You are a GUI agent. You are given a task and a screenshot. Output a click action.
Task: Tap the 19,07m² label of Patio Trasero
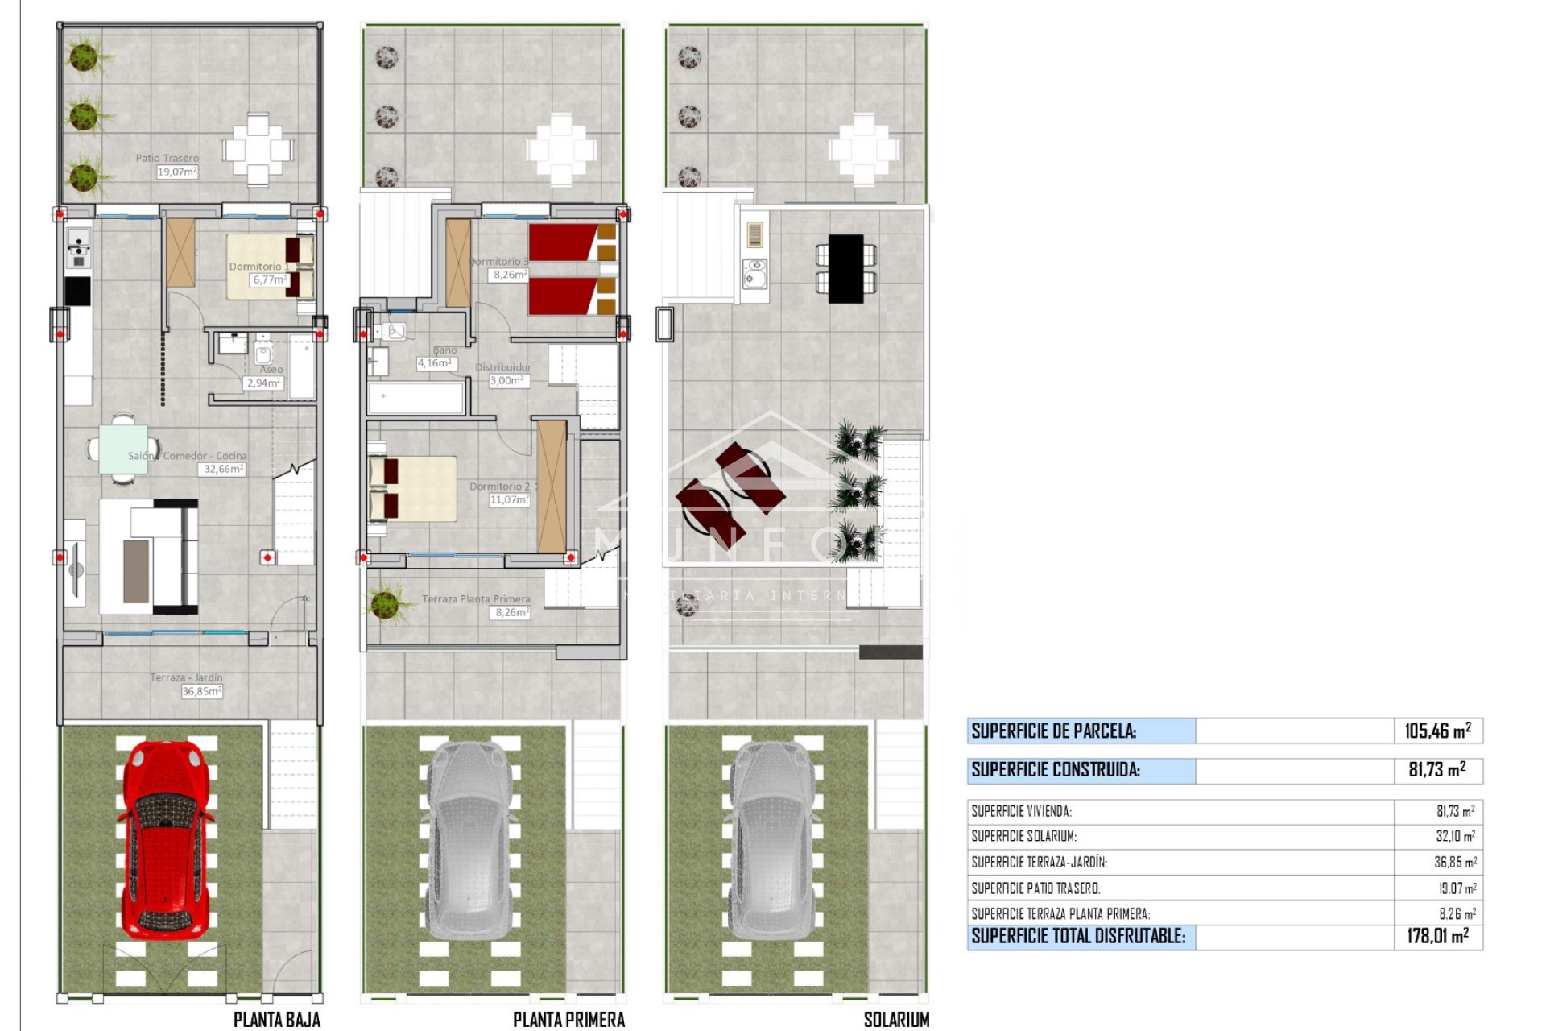pos(176,172)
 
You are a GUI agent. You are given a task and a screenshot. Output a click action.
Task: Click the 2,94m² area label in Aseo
pos(263,383)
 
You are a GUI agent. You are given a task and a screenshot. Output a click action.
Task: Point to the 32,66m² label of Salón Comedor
pos(223,469)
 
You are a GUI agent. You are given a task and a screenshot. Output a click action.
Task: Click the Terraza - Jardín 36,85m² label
pos(201,691)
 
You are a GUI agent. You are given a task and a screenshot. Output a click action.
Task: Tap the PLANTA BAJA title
pos(276,1020)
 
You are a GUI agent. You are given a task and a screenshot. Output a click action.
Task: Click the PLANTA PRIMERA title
pos(568,1020)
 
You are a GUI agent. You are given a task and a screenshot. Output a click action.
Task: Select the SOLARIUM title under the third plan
pos(896,1020)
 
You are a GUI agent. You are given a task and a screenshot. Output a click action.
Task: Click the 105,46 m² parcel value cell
pos(1437,731)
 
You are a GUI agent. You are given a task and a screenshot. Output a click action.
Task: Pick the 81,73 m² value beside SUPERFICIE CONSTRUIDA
pos(1437,770)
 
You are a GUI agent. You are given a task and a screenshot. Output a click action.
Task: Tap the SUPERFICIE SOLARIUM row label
pos(1023,837)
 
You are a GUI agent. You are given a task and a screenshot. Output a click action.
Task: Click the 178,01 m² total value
pos(1437,936)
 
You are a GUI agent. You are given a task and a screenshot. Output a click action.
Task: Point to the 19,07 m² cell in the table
pos(1457,888)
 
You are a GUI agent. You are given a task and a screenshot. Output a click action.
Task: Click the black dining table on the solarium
pos(845,268)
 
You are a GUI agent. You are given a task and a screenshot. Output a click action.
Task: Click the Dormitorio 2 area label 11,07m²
pos(509,500)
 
